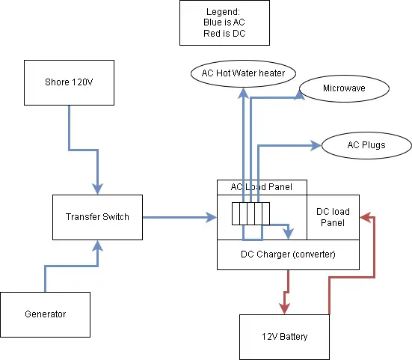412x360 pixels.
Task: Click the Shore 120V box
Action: [69, 83]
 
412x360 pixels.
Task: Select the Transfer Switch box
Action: [97, 217]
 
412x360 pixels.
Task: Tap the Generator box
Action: [45, 314]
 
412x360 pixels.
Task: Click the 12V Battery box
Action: [283, 337]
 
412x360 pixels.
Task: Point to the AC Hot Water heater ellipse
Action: [244, 73]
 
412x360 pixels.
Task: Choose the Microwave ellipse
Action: [345, 89]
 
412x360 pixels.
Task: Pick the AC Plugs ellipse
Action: [366, 144]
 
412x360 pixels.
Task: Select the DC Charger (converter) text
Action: [288, 254]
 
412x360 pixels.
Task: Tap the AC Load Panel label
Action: [262, 186]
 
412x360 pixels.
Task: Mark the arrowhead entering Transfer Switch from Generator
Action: [97, 245]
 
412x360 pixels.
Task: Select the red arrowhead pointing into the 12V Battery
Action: [283, 309]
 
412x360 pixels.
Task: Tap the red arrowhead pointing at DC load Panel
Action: [364, 217]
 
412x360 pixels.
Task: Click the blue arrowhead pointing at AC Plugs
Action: [316, 144]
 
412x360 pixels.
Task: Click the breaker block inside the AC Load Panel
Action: [249, 214]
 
